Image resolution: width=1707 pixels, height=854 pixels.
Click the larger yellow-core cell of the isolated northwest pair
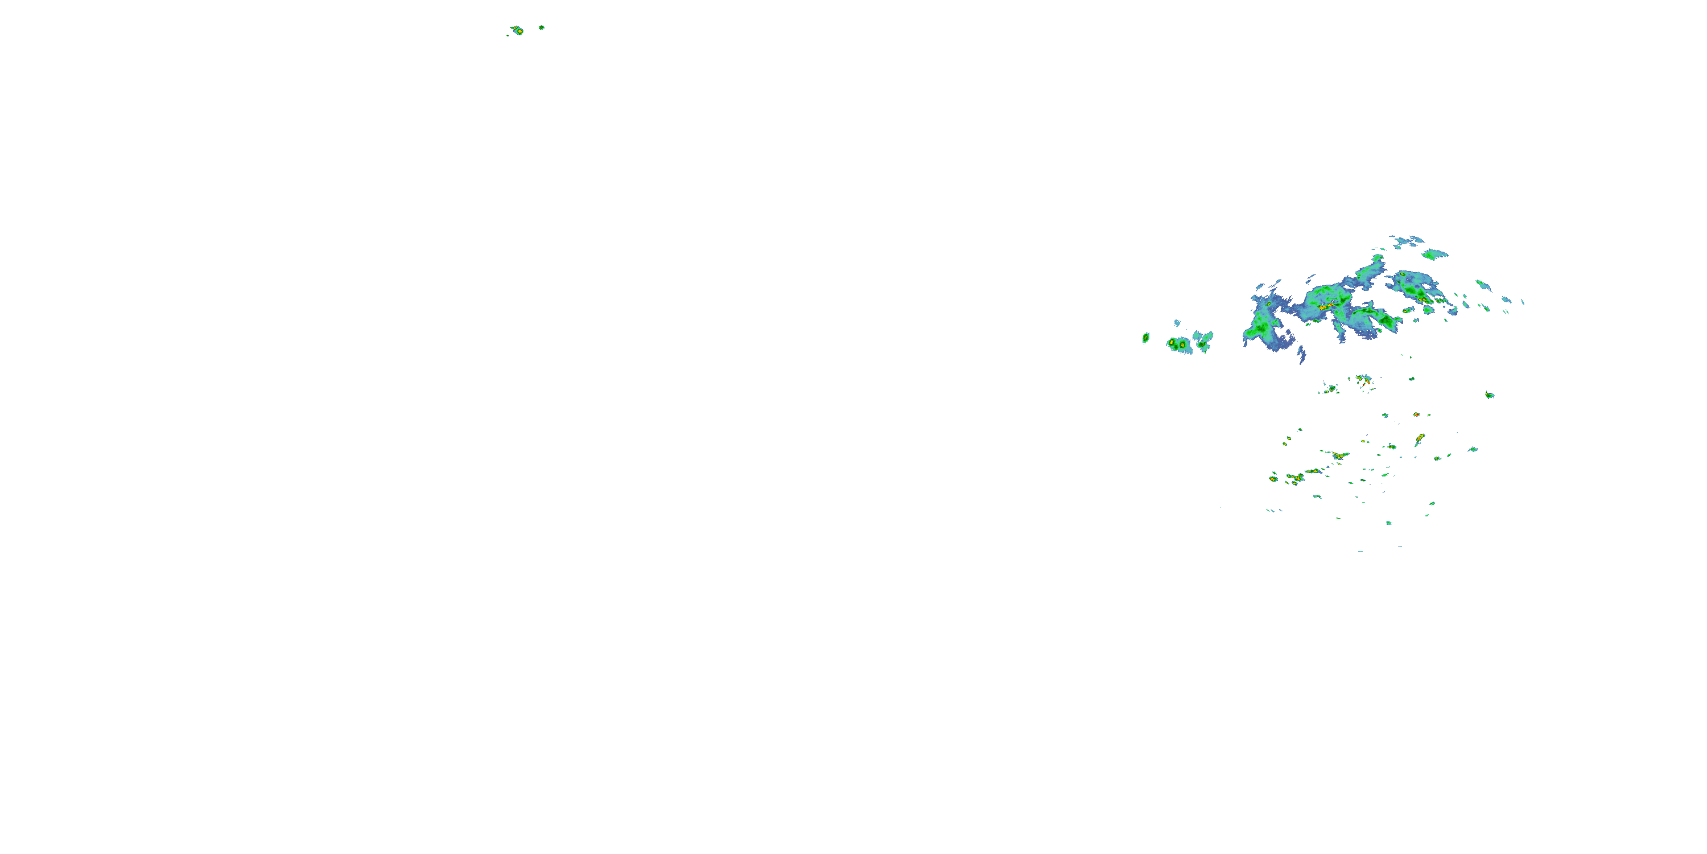pyautogui.click(x=518, y=31)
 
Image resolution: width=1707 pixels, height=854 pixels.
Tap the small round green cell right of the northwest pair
pyautogui.click(x=541, y=27)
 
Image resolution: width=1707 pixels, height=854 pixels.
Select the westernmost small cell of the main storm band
pyautogui.click(x=1146, y=338)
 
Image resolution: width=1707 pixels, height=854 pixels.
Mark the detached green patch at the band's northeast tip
pyautogui.click(x=1434, y=254)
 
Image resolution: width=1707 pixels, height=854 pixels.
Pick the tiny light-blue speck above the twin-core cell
pyautogui.click(x=1177, y=323)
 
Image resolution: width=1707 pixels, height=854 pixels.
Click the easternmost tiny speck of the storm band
pyautogui.click(x=1522, y=302)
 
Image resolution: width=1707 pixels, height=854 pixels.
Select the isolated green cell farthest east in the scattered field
pyautogui.click(x=1490, y=395)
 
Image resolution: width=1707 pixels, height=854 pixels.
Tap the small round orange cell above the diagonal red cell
pyautogui.click(x=1416, y=414)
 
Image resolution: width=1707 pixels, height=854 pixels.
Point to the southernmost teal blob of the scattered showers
pyautogui.click(x=1389, y=523)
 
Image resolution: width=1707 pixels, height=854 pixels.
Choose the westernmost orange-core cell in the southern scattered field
pyautogui.click(x=1273, y=479)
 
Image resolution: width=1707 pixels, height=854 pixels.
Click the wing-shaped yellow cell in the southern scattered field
pyautogui.click(x=1340, y=456)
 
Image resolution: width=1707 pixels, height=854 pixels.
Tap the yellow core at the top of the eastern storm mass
pyautogui.click(x=1403, y=273)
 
